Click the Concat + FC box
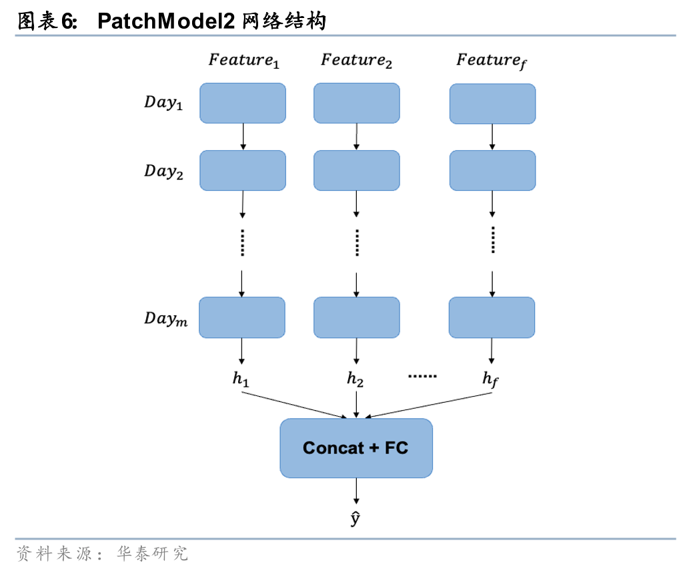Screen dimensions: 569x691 356,448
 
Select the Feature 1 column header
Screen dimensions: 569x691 243,61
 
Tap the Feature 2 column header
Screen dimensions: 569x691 356,61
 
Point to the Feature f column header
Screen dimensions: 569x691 492,61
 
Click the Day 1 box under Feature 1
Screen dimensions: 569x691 243,104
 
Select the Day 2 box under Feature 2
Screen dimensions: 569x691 357,170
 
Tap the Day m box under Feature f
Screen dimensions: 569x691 492,317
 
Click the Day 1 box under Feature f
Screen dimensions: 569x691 492,104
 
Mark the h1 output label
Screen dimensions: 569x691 241,379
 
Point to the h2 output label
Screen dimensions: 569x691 355,379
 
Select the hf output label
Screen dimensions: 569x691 490,379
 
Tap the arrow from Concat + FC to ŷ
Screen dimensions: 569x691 356,492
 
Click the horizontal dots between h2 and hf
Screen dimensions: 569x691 422,377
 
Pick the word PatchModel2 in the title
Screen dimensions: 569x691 165,21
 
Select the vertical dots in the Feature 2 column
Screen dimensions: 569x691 357,242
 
